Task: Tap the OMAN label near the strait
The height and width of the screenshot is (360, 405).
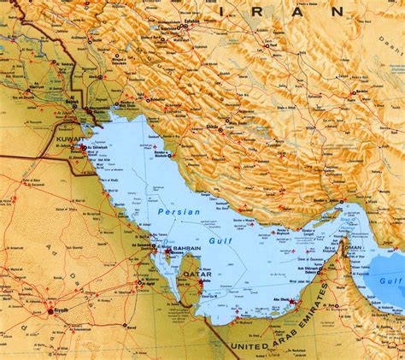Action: click(x=351, y=250)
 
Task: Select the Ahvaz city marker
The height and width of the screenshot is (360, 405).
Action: click(x=99, y=77)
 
